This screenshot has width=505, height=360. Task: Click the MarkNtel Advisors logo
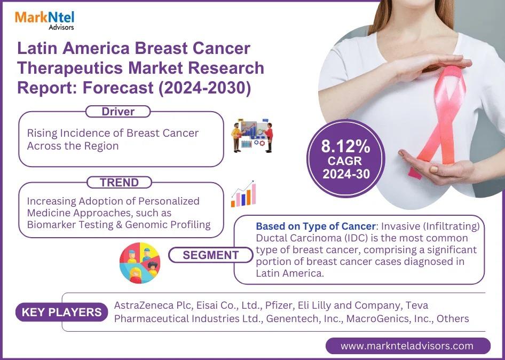click(44, 20)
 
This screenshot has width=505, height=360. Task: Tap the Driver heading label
click(118, 112)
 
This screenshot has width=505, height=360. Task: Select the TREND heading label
click(119, 183)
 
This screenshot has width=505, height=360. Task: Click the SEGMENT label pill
click(211, 255)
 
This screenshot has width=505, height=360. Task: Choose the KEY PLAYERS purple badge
click(61, 312)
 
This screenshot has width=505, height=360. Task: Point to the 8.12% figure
click(345, 146)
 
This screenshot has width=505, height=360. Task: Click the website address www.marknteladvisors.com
click(407, 346)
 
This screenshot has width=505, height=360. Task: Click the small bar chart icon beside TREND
click(243, 194)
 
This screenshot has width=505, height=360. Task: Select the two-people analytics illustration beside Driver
click(252, 136)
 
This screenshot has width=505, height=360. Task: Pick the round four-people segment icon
click(140, 263)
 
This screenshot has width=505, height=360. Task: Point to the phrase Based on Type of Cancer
click(315, 226)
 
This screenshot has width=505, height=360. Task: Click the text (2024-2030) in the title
click(204, 88)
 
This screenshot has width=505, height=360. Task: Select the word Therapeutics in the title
click(70, 68)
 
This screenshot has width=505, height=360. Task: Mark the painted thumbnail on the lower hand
click(434, 169)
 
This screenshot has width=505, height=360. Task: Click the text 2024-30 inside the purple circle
click(346, 174)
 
